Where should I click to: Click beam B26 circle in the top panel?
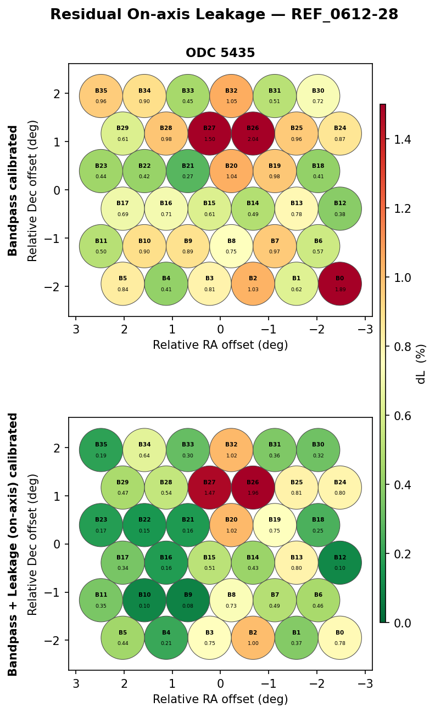coord(253,133)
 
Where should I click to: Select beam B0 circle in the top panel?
coord(339,284)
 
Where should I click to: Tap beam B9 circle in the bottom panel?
coord(188,600)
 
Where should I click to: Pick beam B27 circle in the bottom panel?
coord(209,488)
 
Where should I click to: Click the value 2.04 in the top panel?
coord(253,139)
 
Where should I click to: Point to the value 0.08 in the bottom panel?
coord(188,606)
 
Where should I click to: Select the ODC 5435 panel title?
coord(220,53)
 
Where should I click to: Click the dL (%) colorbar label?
coord(421,364)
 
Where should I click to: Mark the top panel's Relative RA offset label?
coord(220,345)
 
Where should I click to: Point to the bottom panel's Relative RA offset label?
coord(220,699)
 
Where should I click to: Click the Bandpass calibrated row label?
coord(13,190)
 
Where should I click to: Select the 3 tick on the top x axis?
coord(76,329)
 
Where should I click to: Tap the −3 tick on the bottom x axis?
coord(365,683)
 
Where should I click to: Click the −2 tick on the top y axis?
coord(57,287)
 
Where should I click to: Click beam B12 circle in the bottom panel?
coord(339,562)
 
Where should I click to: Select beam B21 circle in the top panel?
coord(188,171)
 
